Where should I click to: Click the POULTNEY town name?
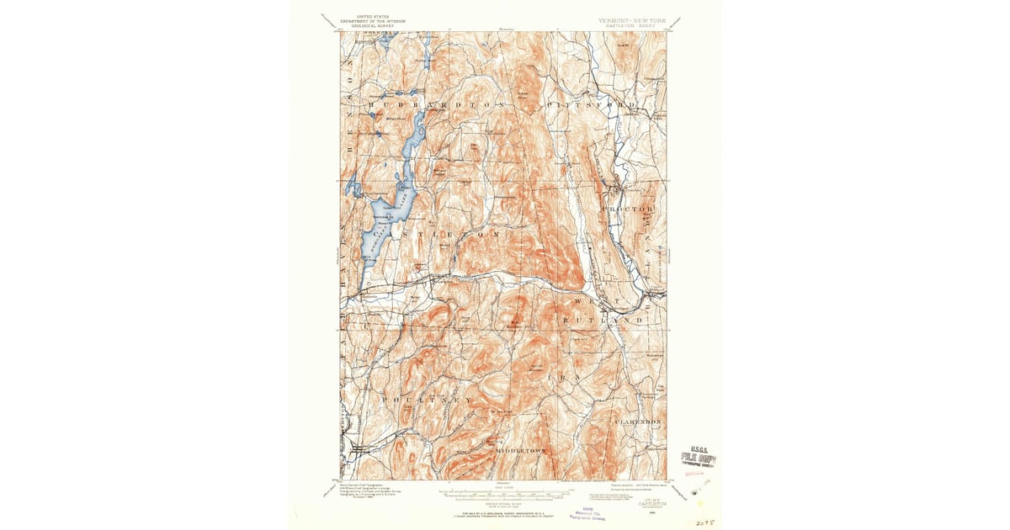(x=425, y=401)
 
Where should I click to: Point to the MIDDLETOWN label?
(x=522, y=451)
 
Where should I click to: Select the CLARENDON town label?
(x=639, y=420)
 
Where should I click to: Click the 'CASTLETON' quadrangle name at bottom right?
(x=652, y=504)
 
